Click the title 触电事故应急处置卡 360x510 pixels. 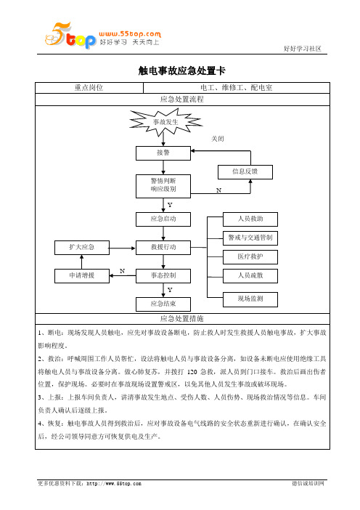click(x=182, y=70)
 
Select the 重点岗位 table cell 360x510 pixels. click(x=89, y=87)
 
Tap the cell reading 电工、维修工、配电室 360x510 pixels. click(x=237, y=87)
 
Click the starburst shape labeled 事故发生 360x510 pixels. click(x=165, y=122)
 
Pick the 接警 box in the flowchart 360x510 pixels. click(x=163, y=153)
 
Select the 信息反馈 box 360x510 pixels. click(x=245, y=171)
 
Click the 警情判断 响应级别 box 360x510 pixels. click(x=163, y=186)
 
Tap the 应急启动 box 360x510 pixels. click(x=163, y=219)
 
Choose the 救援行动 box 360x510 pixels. click(x=163, y=248)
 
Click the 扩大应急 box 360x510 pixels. click(x=82, y=248)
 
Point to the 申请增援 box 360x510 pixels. click(x=82, y=276)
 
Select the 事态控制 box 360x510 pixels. click(x=163, y=276)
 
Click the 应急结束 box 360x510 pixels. click(x=163, y=304)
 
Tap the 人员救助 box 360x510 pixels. click(x=250, y=219)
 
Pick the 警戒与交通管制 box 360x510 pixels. click(x=250, y=238)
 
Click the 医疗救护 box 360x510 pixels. click(x=250, y=257)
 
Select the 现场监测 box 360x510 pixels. click(x=250, y=299)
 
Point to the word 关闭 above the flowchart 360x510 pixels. click(x=217, y=139)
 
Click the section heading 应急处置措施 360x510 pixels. click(x=182, y=319)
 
